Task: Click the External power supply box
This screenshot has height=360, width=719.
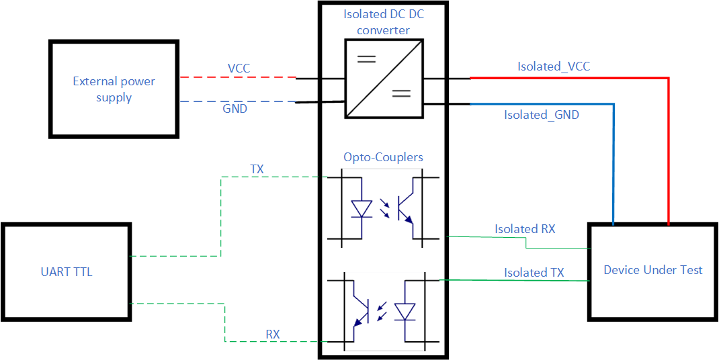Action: [114, 89]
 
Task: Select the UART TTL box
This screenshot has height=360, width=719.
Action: [65, 272]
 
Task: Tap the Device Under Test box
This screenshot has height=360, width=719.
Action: [652, 270]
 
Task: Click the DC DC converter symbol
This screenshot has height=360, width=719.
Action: [384, 79]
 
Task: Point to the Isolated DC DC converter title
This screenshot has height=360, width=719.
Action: [383, 22]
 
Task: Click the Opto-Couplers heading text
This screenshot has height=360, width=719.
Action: [383, 157]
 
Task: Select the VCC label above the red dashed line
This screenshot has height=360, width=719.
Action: [239, 69]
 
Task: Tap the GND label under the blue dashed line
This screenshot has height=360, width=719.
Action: [235, 109]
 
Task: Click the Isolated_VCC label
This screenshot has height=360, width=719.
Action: [554, 66]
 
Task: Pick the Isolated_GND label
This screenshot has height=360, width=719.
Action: [542, 115]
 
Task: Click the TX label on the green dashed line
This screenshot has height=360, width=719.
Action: [257, 169]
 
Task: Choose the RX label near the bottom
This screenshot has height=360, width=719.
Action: [273, 334]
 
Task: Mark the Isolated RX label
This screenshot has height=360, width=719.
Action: [525, 229]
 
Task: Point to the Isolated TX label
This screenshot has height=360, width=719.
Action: [534, 273]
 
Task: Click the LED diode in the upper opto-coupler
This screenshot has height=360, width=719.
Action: [362, 209]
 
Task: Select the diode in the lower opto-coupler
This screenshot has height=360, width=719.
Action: [405, 312]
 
